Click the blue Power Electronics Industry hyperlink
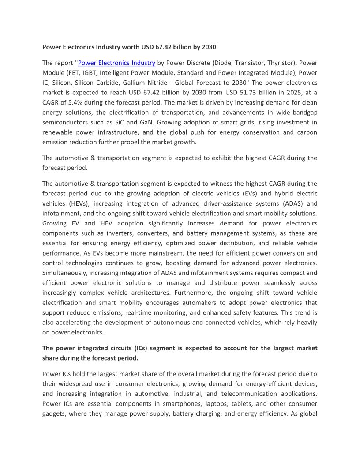[x=116, y=63]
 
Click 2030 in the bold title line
[x=208, y=46]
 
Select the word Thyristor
[x=280, y=63]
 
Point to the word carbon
[x=307, y=132]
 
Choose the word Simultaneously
[x=65, y=273]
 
